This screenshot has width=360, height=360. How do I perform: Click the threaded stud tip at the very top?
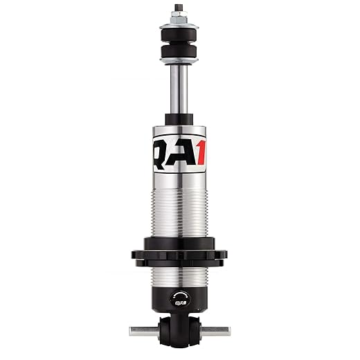click(179, 8)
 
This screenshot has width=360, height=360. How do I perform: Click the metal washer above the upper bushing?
click(179, 27)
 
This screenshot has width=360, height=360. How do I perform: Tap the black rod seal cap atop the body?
click(179, 120)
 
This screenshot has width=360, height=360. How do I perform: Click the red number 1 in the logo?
click(199, 152)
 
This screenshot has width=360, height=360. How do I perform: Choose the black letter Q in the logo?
click(161, 152)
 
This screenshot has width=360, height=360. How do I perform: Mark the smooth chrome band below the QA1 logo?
click(179, 177)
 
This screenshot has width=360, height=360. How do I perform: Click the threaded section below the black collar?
click(179, 277)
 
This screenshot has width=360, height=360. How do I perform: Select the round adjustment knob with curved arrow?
click(179, 300)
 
